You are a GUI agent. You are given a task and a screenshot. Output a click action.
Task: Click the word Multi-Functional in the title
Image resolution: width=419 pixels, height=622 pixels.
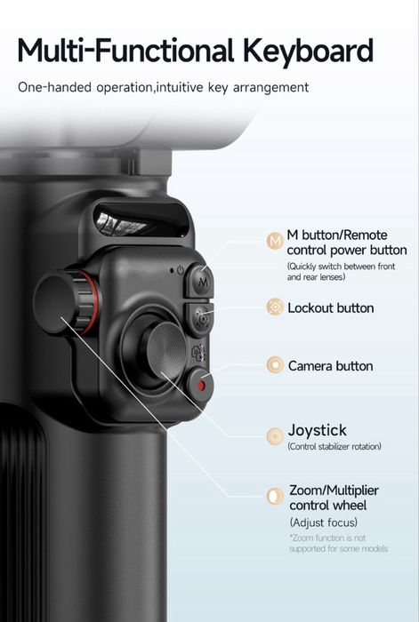(x=124, y=50)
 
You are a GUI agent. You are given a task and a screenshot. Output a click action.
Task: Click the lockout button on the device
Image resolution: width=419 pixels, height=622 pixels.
(x=200, y=316)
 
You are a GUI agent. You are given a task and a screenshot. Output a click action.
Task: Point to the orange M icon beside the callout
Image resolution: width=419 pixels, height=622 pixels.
(x=275, y=240)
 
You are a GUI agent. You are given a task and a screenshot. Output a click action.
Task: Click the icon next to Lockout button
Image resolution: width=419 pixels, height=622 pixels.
(x=275, y=307)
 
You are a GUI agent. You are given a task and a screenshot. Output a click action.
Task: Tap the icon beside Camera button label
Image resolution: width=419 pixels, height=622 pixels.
(x=275, y=365)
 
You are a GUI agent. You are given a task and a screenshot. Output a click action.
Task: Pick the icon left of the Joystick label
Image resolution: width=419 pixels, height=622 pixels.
(x=275, y=435)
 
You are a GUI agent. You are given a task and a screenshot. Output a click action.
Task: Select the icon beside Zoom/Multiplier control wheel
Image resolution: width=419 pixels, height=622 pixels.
(x=275, y=496)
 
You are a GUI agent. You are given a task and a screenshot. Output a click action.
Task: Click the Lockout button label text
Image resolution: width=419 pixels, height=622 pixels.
(x=330, y=308)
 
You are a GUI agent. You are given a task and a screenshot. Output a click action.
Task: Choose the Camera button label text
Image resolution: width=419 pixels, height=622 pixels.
(x=330, y=366)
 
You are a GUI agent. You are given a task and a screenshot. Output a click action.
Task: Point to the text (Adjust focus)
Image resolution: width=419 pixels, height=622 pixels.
(x=323, y=522)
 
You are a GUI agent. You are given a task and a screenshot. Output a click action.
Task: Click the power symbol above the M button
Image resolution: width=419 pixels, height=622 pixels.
(x=180, y=269)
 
